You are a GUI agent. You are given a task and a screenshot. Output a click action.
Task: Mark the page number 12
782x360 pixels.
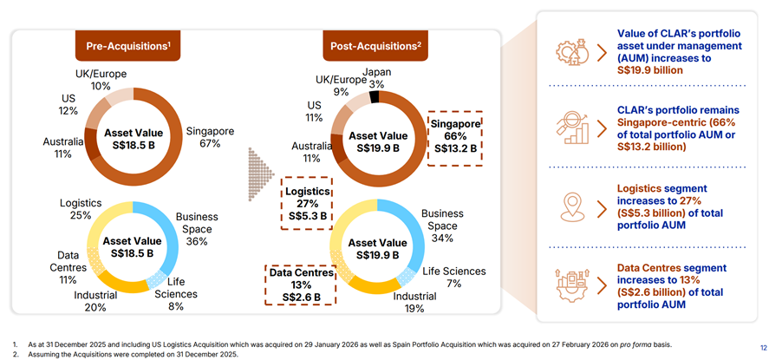(763, 348)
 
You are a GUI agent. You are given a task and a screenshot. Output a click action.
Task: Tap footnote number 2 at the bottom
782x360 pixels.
(16, 355)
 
